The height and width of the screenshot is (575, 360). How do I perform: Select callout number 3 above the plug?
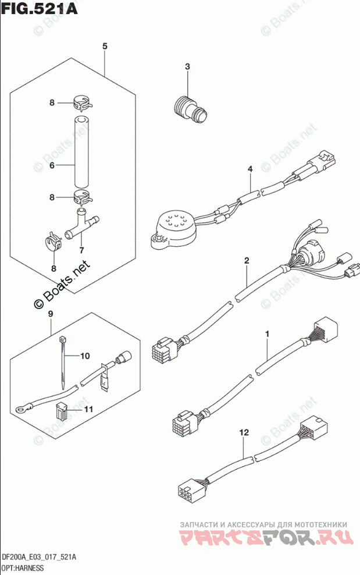188,67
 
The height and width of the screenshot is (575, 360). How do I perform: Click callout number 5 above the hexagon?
105,46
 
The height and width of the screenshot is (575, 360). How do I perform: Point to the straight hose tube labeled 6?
81,150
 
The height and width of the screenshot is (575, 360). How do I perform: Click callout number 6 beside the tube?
52,166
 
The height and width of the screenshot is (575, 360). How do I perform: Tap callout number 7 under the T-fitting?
81,250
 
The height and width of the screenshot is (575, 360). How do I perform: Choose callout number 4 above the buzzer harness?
250,169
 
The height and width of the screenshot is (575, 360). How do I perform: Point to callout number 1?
268,334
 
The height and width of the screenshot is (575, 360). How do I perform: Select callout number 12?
244,432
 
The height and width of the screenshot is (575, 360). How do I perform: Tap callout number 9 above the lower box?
51,315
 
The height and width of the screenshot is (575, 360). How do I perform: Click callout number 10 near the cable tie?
85,355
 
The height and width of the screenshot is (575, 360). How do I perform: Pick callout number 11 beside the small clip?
88,410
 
